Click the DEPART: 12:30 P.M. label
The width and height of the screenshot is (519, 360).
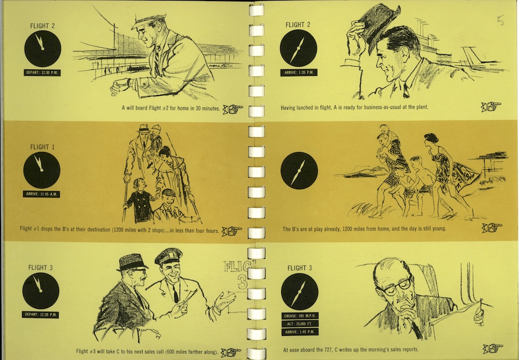42,73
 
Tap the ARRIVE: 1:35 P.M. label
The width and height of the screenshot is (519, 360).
298,72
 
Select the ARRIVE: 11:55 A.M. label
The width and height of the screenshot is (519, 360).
41,194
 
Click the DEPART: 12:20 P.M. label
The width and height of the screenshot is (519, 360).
40,314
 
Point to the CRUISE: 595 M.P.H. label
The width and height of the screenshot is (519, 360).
300,315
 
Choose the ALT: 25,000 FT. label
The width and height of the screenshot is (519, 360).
300,323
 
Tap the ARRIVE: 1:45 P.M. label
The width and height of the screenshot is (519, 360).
300,332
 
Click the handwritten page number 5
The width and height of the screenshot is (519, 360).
500,20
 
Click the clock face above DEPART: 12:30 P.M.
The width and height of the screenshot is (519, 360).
42,48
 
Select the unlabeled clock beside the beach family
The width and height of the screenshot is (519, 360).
299,170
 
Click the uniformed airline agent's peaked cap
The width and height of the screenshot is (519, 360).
168,256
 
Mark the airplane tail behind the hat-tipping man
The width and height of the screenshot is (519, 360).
472,58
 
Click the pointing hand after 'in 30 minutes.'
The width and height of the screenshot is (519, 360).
233,109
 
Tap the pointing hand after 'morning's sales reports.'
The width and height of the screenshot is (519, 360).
493,348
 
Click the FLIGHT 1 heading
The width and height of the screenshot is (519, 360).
42,147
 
